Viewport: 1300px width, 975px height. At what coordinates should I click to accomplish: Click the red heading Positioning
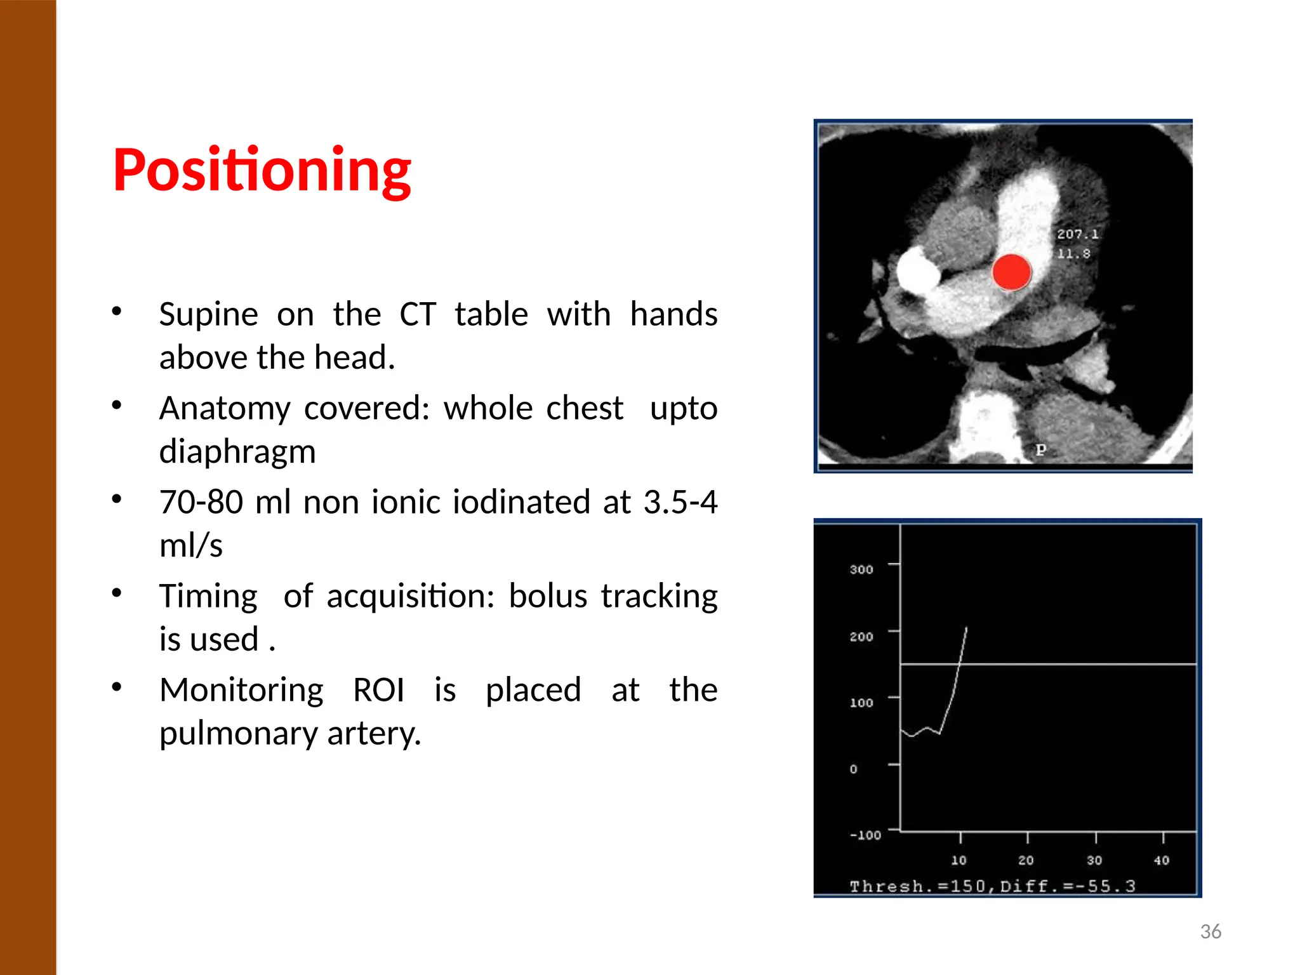click(x=262, y=170)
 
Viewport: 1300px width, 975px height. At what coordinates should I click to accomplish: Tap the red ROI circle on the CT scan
click(x=1011, y=272)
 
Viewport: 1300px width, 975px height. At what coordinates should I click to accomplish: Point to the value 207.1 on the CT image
click(x=1077, y=234)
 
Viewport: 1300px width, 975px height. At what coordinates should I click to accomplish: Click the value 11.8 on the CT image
click(x=1073, y=254)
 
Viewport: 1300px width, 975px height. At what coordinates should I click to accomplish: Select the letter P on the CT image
click(x=1040, y=449)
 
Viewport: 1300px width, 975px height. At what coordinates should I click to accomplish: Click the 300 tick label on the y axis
click(x=861, y=569)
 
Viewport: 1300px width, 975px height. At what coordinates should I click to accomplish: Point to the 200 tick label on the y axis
click(x=861, y=637)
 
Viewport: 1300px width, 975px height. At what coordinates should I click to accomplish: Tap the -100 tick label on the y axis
click(x=865, y=835)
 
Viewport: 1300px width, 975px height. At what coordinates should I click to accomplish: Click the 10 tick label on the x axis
click(x=958, y=860)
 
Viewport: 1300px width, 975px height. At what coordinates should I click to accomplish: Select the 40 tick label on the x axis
click(x=1161, y=860)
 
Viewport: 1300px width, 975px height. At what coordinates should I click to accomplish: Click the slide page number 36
click(x=1210, y=931)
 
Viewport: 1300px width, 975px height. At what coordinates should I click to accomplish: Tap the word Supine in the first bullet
click(x=208, y=314)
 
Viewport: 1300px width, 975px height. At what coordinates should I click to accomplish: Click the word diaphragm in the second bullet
click(x=237, y=451)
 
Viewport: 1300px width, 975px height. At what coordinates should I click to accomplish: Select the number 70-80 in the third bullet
click(x=201, y=502)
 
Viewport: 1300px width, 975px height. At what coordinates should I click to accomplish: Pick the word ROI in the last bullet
click(x=378, y=690)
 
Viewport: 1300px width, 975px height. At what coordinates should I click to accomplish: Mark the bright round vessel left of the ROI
click(x=918, y=270)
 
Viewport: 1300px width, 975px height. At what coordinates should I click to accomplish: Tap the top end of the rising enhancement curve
click(x=966, y=628)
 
